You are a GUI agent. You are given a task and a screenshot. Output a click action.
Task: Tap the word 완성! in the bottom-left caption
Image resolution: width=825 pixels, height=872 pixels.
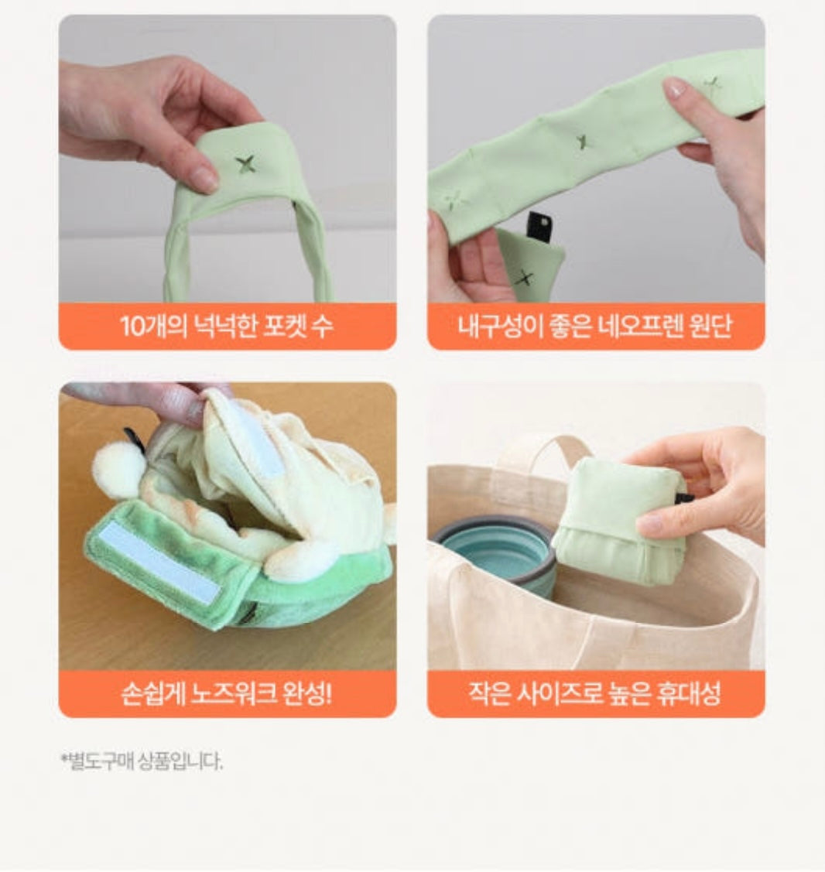307,693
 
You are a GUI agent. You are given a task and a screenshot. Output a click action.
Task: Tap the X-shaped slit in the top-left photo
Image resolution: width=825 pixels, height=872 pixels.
245,163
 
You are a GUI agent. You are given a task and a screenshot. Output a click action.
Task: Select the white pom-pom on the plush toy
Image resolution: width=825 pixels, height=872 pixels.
118,470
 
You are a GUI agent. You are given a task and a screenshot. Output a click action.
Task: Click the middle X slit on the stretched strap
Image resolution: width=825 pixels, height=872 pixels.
581,142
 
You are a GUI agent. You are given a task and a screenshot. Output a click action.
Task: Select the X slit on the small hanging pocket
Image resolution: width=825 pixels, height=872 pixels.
523,278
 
